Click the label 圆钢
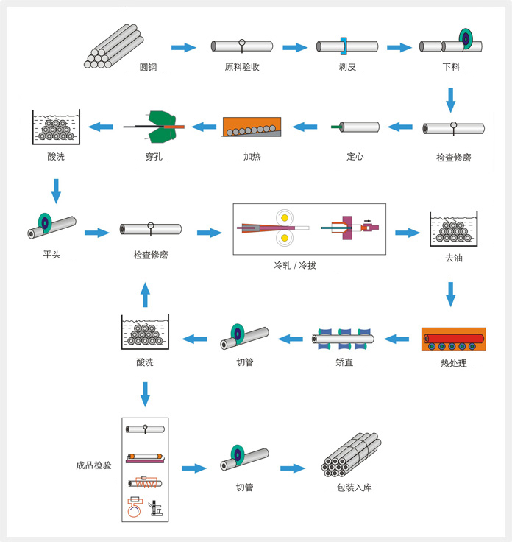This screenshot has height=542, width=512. [x=148, y=68]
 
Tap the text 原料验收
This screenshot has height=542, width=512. [x=242, y=68]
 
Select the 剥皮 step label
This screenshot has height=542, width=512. [x=348, y=68]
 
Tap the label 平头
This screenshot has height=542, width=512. [x=51, y=256]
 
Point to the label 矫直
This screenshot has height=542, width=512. [x=344, y=362]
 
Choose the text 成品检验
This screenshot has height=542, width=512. [x=93, y=465]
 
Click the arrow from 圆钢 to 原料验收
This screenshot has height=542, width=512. [x=184, y=48]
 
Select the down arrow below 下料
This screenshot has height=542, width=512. [x=451, y=98]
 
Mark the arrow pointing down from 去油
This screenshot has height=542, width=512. [x=451, y=295]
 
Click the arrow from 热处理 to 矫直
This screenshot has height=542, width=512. [x=397, y=339]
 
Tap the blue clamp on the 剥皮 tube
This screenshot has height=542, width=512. [x=344, y=46]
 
